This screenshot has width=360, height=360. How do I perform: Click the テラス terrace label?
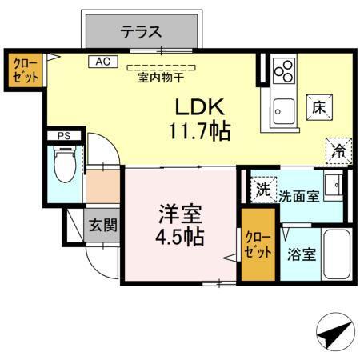click(x=142, y=32)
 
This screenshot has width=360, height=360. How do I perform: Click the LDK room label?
click(x=200, y=107)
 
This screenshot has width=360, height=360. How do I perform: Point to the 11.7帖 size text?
click(x=201, y=131)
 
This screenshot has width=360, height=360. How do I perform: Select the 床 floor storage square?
click(x=318, y=106)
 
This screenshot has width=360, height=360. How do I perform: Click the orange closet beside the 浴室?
click(x=256, y=246)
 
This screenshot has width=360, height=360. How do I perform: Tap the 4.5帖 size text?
click(x=180, y=238)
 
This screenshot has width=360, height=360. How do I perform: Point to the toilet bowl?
click(x=64, y=168)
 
